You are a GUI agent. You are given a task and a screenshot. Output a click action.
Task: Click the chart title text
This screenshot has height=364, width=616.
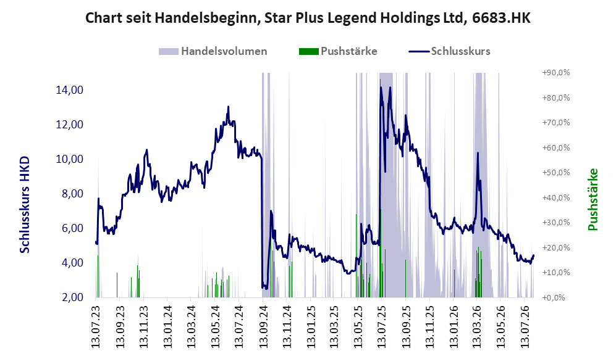pyautogui.click(x=308, y=18)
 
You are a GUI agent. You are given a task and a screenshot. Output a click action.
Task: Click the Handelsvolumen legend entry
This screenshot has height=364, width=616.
pyautogui.click(x=213, y=51)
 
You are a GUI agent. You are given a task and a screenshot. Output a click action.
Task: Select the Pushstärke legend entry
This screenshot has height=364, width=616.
pyautogui.click(x=338, y=51)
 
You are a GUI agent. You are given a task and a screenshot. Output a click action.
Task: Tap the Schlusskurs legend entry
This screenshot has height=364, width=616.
pyautogui.click(x=449, y=51)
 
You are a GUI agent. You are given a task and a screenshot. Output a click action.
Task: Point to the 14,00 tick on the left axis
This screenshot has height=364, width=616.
pyautogui.click(x=70, y=90)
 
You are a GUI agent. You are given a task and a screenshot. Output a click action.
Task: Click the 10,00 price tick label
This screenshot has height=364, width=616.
pyautogui.click(x=70, y=159)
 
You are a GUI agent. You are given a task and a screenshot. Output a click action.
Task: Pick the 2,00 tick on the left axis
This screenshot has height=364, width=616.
pyautogui.click(x=73, y=297)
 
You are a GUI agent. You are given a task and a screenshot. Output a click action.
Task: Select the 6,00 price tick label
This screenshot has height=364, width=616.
pyautogui.click(x=73, y=228)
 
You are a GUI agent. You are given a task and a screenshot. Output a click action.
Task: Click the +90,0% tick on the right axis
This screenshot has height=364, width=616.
pyautogui.click(x=556, y=73)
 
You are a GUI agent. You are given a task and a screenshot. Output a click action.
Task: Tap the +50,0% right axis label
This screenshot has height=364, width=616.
pyautogui.click(x=556, y=173)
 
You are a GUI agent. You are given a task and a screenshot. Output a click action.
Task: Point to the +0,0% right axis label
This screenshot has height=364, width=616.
pyautogui.click(x=554, y=298)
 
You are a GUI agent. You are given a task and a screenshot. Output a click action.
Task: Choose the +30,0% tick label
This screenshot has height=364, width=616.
pyautogui.click(x=556, y=222)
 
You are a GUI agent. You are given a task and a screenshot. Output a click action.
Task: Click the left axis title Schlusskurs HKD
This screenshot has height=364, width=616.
pyautogui.click(x=25, y=205)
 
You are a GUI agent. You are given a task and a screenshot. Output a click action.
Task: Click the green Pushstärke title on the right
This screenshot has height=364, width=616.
pyautogui.click(x=593, y=199)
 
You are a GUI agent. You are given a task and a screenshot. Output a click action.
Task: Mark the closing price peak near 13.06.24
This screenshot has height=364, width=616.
pyautogui.click(x=228, y=107)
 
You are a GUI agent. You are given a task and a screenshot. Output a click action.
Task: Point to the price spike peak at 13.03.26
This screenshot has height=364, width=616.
pyautogui.click(x=478, y=153)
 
